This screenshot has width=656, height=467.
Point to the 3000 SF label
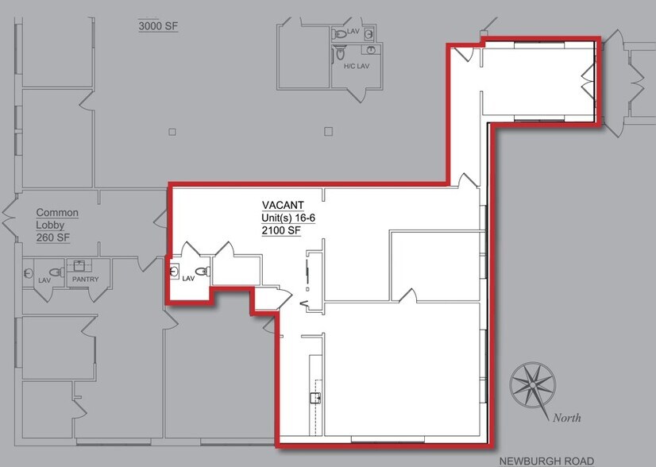point(158,26)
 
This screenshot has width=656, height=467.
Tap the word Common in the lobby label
point(57,212)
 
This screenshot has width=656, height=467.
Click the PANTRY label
point(84,280)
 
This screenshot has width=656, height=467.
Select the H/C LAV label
point(357,67)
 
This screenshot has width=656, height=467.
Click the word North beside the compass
point(566,418)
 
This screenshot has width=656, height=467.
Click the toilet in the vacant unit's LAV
point(204,272)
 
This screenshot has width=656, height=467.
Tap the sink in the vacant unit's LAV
point(174,272)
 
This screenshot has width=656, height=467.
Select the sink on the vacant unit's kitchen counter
point(315,398)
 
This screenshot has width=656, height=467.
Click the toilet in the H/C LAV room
point(340,56)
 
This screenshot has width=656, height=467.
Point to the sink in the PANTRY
point(79,266)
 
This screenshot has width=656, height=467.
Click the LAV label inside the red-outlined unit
point(188,279)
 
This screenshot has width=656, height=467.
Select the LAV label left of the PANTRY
point(44,280)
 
